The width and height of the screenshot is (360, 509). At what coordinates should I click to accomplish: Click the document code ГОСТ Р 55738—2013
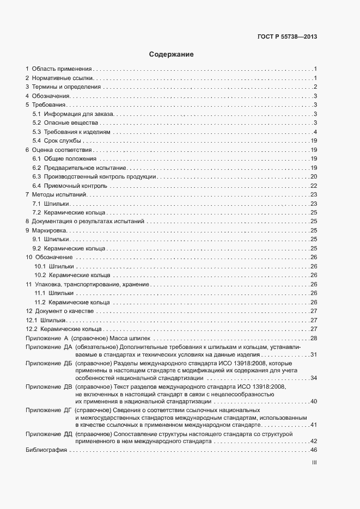(288, 37)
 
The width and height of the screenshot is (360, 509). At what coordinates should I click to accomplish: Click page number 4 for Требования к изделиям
(315, 132)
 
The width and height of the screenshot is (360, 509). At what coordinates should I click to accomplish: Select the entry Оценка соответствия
(61, 150)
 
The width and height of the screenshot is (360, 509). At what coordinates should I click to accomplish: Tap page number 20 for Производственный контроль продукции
(314, 176)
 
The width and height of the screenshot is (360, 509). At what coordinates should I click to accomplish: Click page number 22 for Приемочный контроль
(314, 186)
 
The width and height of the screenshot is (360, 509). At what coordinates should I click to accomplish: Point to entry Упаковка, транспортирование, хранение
(90, 284)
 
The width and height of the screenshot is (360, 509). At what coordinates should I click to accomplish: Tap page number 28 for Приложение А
(314, 338)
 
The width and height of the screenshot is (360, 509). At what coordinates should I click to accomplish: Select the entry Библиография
(46, 450)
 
